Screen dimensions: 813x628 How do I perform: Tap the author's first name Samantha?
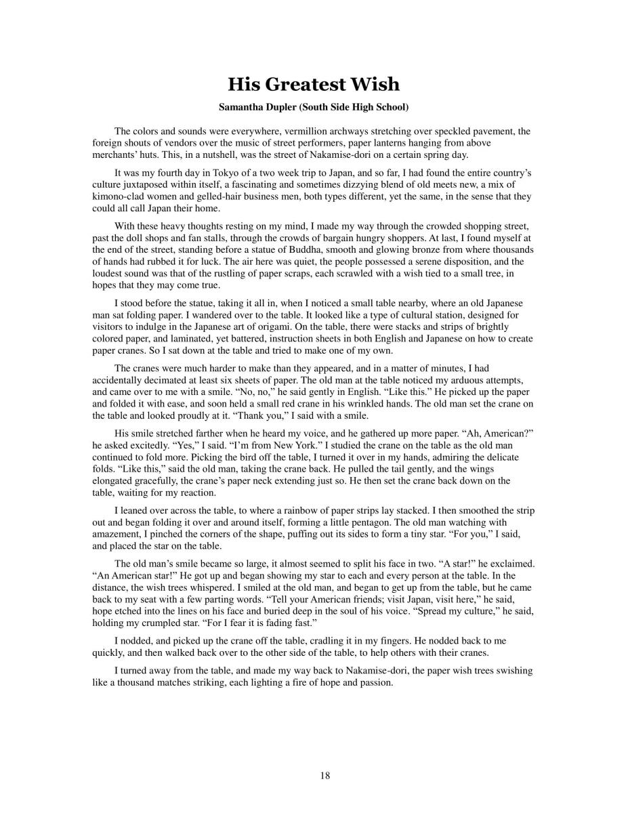(243, 107)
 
